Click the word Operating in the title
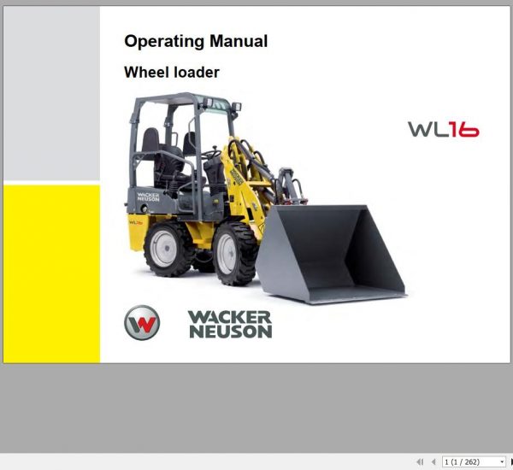162,41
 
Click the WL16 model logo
443,129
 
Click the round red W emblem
142,323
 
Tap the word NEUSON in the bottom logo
230,331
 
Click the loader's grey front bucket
333,252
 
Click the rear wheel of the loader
167,250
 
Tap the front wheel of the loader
232,256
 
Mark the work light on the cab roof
235,108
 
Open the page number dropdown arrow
502,461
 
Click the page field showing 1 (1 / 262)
470,461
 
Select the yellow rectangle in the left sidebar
51,273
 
